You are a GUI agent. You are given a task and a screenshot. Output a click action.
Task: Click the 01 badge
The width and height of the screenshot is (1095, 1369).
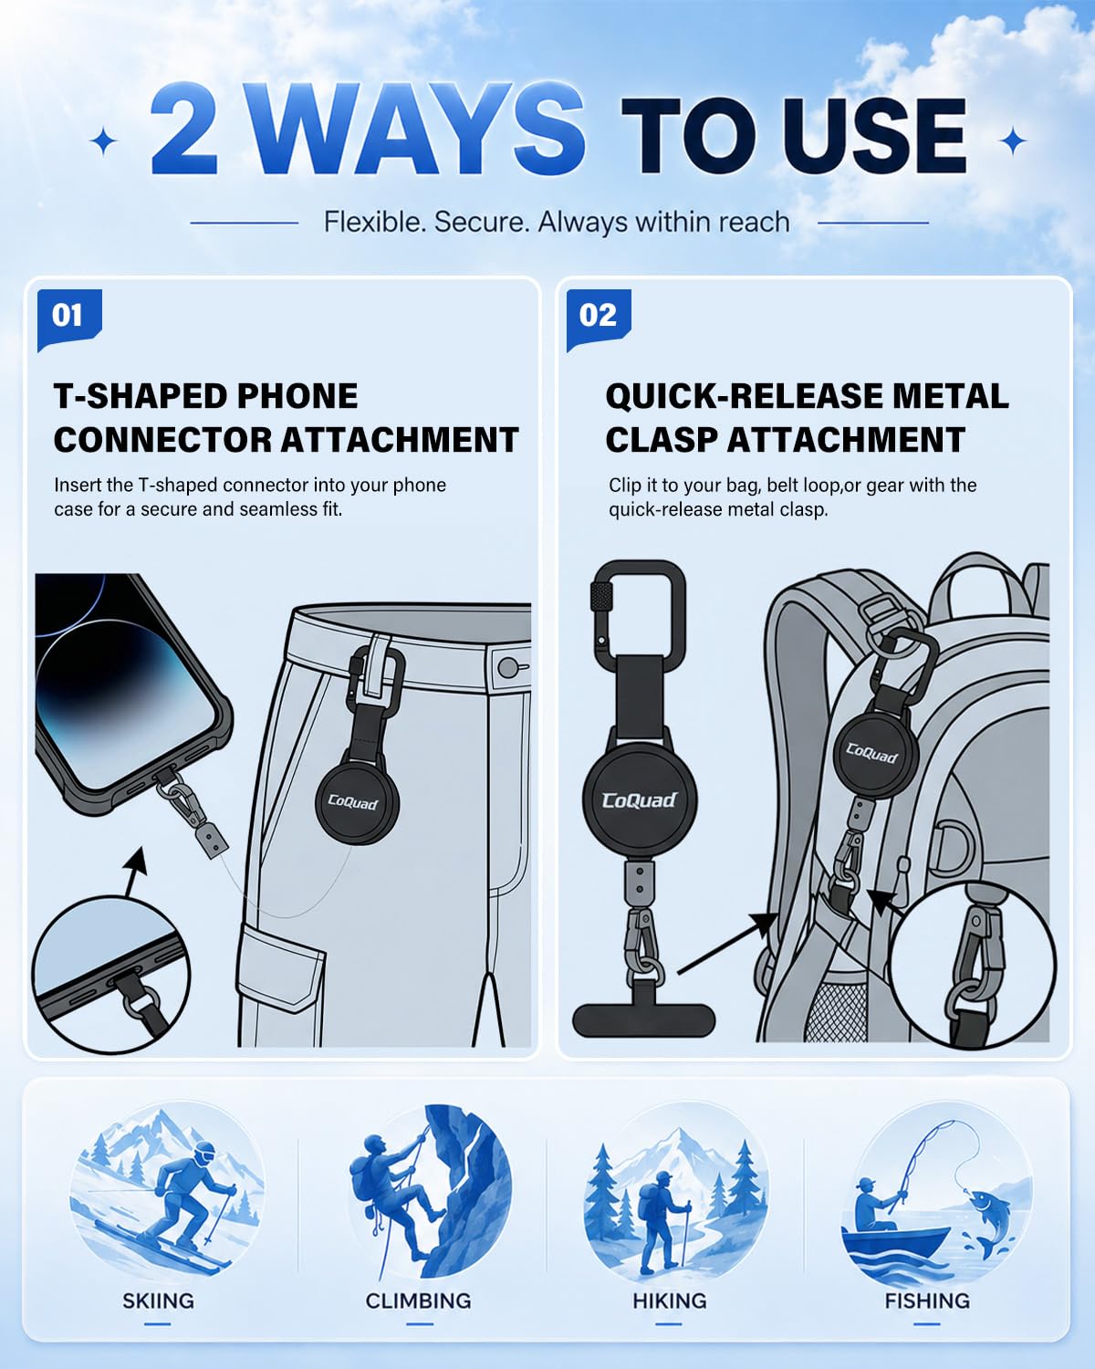pyautogui.click(x=69, y=319)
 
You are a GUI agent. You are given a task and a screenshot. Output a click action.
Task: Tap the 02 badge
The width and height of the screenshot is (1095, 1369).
pyautogui.click(x=598, y=319)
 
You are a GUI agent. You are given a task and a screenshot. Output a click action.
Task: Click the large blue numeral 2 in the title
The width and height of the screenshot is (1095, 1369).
pyautogui.click(x=183, y=129)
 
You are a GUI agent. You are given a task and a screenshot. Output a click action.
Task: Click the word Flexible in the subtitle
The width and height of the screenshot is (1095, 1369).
pyautogui.click(x=374, y=222)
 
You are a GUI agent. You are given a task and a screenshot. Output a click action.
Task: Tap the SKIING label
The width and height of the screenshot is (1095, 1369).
pyautogui.click(x=159, y=1301)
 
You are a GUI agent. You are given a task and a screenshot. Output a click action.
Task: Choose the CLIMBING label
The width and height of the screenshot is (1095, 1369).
pyautogui.click(x=418, y=1301)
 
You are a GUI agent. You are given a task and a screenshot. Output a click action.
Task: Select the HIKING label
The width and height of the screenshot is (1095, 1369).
pyautogui.click(x=670, y=1301)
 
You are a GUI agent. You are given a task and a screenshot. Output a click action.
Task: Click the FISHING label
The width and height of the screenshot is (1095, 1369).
pyautogui.click(x=927, y=1301)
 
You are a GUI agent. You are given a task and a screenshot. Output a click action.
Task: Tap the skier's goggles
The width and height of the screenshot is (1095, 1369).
pyautogui.click(x=205, y=1151)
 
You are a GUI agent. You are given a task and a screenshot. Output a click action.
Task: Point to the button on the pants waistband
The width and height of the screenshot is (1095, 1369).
pyautogui.click(x=508, y=668)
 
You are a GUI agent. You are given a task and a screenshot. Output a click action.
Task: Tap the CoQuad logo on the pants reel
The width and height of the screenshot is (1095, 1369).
pyautogui.click(x=352, y=802)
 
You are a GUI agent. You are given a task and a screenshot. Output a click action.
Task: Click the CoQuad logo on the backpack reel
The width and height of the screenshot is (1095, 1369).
pyautogui.click(x=871, y=753)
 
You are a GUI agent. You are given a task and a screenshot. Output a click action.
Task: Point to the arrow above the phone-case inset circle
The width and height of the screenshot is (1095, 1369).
pyautogui.click(x=136, y=871)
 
